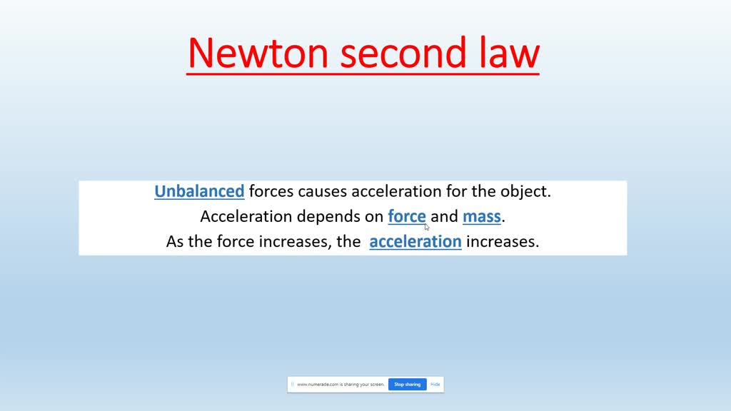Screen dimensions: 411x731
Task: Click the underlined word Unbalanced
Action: pos(199,191)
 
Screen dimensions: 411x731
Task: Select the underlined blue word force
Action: pos(407,216)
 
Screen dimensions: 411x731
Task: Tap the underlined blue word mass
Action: pos(481,216)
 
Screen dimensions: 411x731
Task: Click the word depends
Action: pos(333,216)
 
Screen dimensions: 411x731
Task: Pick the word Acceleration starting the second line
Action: pos(246,216)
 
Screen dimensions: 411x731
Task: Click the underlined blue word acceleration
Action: pos(415,241)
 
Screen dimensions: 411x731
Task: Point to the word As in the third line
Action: pos(175,241)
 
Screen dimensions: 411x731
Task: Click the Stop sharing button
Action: pos(408,384)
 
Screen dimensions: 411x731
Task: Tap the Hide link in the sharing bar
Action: pos(435,384)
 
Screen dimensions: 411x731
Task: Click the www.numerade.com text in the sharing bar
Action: pos(341,384)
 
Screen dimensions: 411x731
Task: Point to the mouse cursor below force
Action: pos(427,228)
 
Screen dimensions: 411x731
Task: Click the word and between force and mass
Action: pos(444,216)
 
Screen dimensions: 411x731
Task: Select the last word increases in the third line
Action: pos(503,241)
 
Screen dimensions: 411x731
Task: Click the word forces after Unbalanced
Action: pos(271,191)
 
